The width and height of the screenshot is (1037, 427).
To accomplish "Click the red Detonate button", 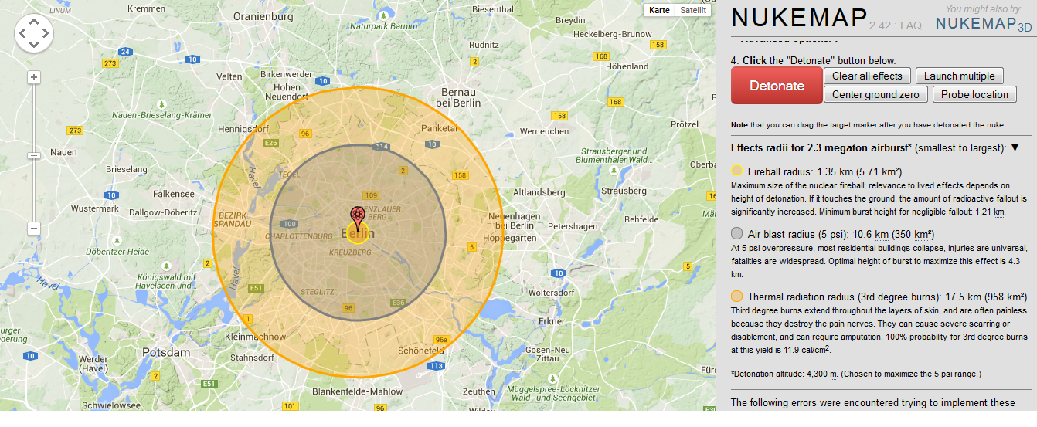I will (x=776, y=86).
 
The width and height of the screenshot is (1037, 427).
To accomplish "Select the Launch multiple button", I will (x=959, y=76).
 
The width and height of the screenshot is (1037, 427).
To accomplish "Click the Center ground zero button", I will (x=875, y=94).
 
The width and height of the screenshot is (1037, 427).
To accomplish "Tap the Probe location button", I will (x=974, y=94).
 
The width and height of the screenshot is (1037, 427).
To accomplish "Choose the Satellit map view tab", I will (x=693, y=10).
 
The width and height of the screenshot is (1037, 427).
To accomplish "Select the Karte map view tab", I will (x=659, y=10).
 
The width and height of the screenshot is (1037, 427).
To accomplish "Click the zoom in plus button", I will (x=34, y=77).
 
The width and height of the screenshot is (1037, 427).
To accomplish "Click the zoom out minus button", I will (x=34, y=229).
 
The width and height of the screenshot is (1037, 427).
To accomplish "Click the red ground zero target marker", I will (x=357, y=215).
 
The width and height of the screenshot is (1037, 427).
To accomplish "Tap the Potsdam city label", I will (x=165, y=352).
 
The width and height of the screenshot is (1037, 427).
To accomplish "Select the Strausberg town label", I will (x=623, y=190).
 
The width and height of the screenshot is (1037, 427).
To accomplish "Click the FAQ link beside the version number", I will (x=910, y=26).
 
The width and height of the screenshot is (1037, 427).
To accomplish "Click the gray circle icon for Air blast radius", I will (x=736, y=234).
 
